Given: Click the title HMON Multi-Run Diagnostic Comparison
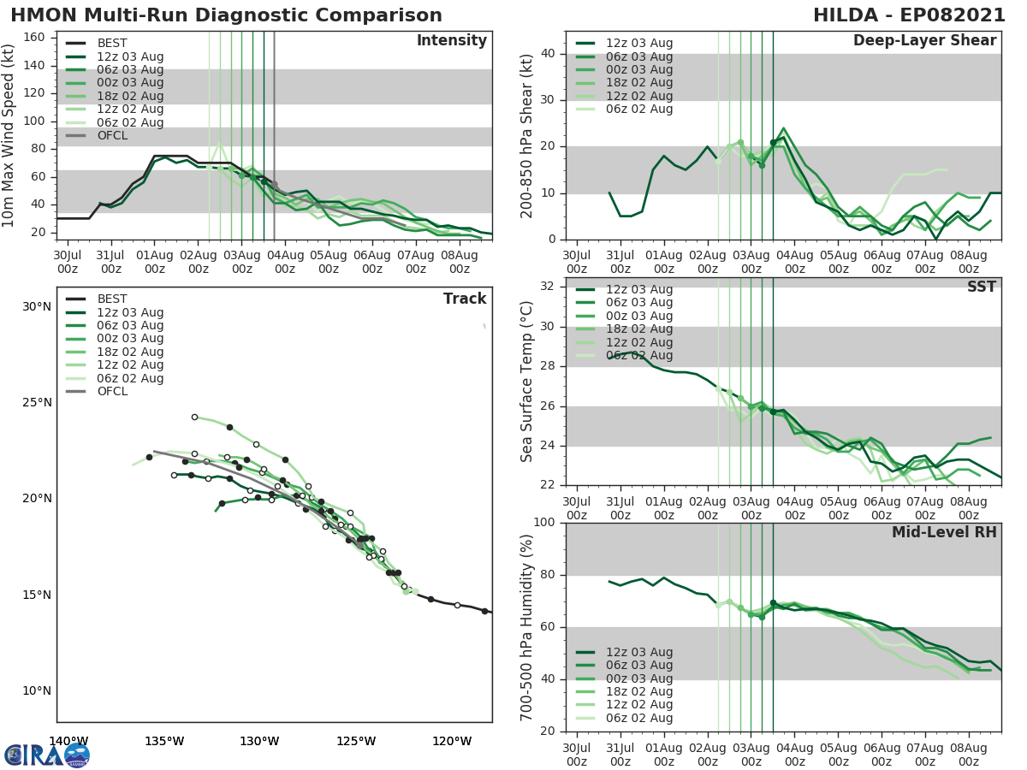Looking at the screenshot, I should [x=226, y=15].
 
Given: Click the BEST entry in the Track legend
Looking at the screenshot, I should [x=112, y=299].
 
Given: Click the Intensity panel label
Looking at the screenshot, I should [x=451, y=40].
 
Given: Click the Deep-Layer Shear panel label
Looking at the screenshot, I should [x=924, y=40].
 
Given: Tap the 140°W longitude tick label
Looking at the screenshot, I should [x=68, y=741].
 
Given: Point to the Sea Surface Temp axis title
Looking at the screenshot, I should [x=527, y=382].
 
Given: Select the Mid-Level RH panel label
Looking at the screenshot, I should [x=943, y=532].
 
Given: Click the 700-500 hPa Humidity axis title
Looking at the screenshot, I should [x=527, y=627].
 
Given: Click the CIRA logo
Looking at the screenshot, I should [x=47, y=755].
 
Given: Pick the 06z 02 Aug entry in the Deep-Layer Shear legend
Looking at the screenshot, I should [x=639, y=109].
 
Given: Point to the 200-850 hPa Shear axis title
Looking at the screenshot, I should [x=527, y=135].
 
